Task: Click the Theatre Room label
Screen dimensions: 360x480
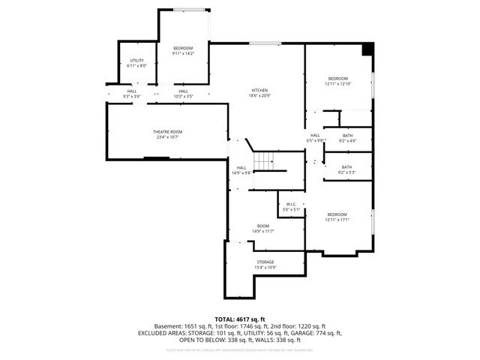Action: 168,131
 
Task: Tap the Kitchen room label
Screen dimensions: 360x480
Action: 259,91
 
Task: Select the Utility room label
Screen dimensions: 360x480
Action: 136,60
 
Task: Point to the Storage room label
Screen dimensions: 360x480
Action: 265,262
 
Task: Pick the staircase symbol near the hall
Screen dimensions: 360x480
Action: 264,160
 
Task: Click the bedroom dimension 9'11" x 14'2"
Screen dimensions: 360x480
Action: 183,53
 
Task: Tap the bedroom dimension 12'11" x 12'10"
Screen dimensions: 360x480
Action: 337,84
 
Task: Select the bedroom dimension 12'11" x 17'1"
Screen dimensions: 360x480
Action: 337,220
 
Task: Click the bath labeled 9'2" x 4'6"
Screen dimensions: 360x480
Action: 347,141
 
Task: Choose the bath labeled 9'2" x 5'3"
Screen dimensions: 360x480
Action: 346,172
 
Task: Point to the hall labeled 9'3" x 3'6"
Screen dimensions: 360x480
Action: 131,96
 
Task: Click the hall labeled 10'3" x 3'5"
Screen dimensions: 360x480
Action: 183,96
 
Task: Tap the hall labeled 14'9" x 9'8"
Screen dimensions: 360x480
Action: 241,172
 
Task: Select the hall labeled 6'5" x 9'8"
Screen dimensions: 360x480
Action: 315,140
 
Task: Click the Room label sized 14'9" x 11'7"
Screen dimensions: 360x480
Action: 262,231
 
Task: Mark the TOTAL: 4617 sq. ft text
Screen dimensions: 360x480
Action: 240,319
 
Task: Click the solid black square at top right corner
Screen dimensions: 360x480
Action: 367,49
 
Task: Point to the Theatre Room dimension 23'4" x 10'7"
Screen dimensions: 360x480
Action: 168,137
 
